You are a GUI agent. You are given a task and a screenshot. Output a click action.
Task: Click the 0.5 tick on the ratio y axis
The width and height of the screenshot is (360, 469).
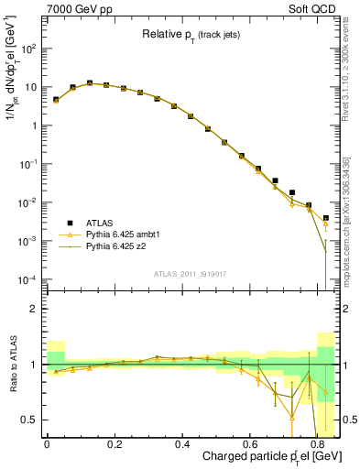(31, 420)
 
